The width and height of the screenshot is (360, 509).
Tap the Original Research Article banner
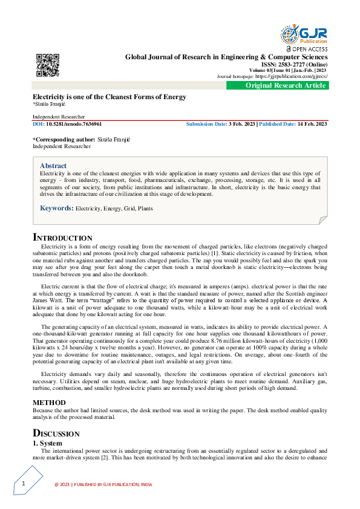(286, 86)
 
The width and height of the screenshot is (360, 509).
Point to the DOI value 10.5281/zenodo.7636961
(70, 123)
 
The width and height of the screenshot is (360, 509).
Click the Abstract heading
(53, 165)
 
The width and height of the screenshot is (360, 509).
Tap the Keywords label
(56, 208)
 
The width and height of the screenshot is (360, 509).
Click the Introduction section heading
(62, 238)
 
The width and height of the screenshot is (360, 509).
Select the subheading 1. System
(48, 443)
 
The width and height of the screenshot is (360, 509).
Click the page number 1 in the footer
(23, 484)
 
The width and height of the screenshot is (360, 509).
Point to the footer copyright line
(103, 484)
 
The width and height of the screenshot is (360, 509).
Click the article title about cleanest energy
(109, 97)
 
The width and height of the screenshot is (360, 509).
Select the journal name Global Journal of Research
(226, 57)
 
